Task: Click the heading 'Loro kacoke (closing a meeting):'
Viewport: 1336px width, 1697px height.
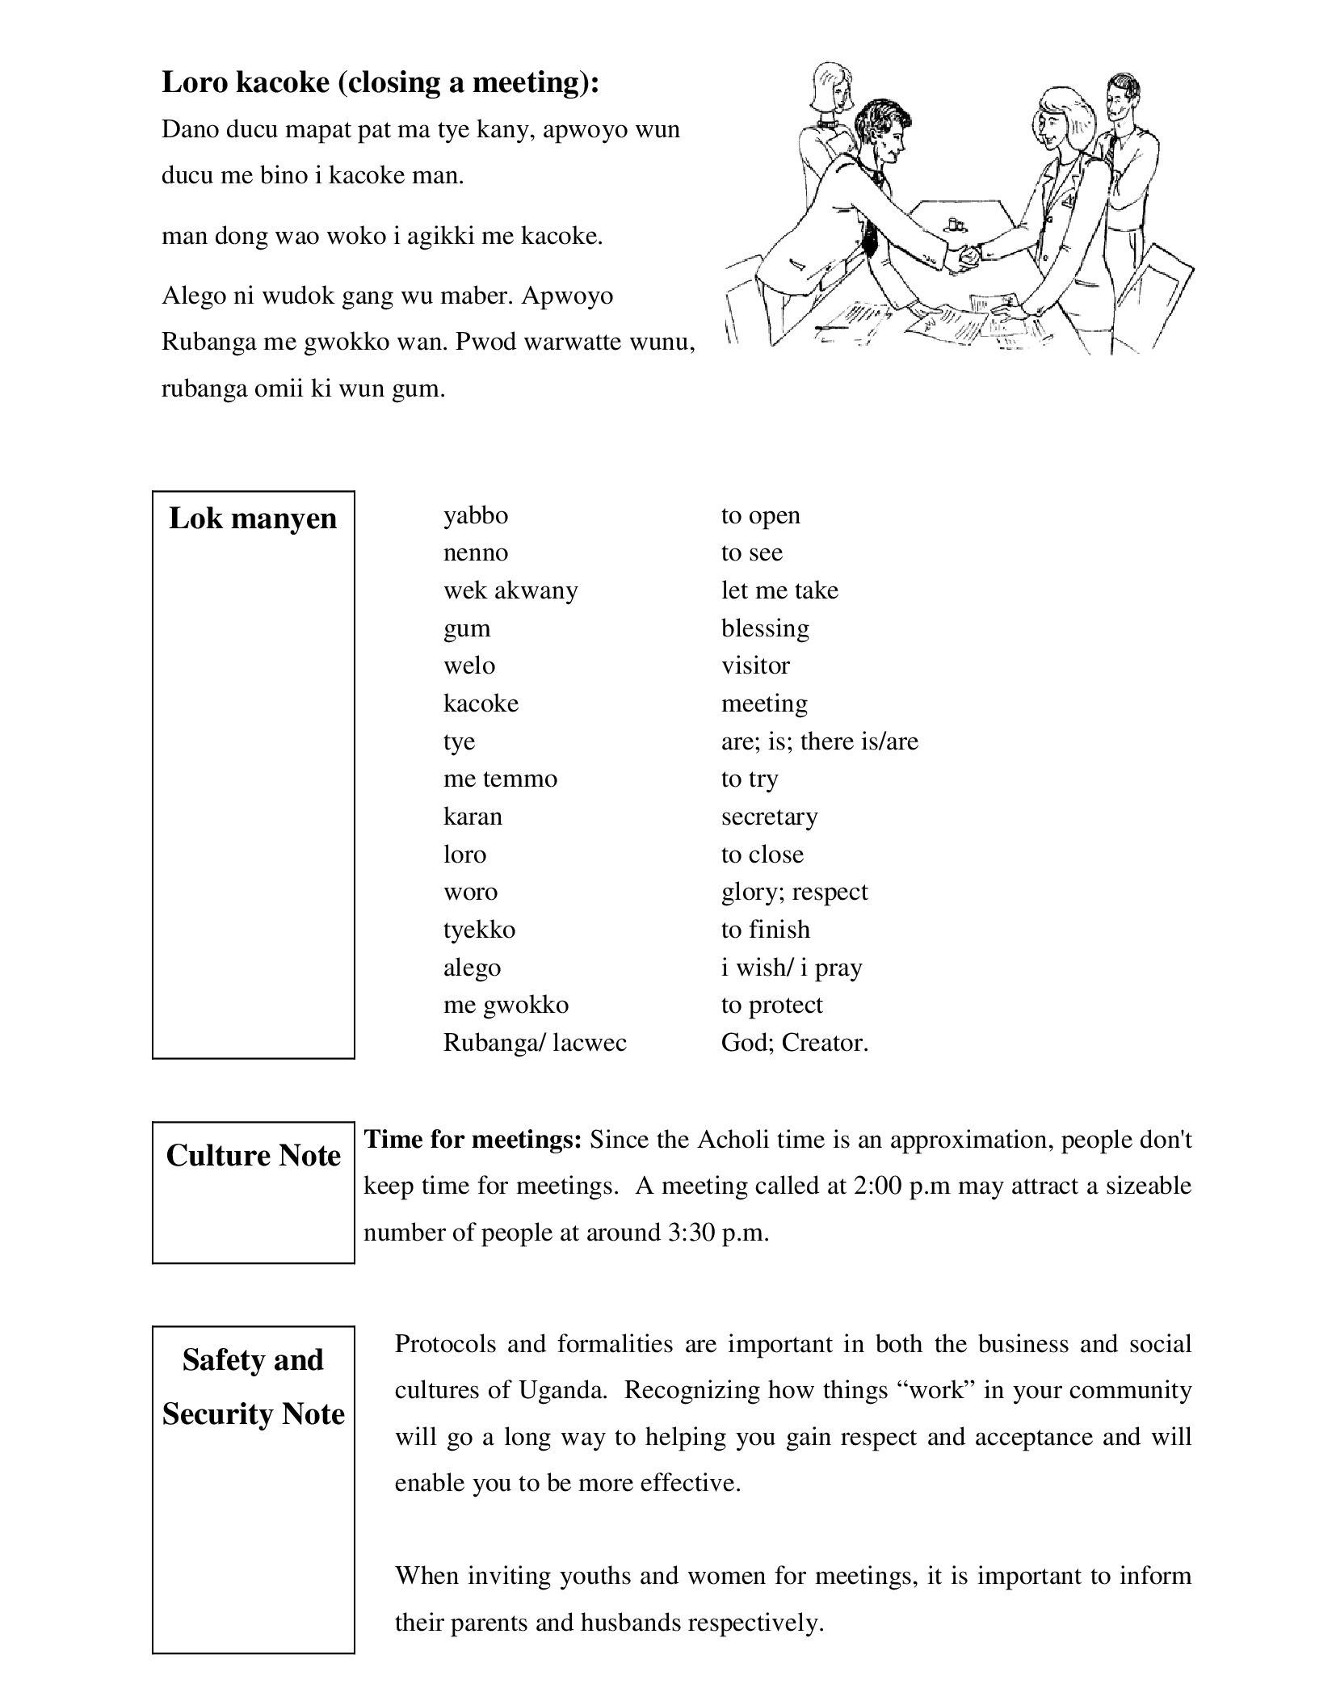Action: (x=380, y=82)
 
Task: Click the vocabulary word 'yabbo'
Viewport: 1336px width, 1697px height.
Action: (x=475, y=515)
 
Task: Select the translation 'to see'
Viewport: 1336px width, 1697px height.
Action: (x=751, y=552)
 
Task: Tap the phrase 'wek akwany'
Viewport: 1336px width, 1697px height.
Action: (x=510, y=590)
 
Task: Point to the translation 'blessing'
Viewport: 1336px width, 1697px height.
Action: (x=764, y=628)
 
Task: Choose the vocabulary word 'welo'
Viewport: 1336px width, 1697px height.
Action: (x=468, y=666)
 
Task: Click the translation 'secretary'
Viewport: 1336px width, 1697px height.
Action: (x=769, y=817)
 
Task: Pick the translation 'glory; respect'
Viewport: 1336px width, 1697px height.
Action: (x=794, y=892)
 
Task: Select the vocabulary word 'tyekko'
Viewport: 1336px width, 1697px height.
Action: (x=479, y=930)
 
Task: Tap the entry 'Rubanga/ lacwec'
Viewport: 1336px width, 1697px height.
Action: (x=535, y=1043)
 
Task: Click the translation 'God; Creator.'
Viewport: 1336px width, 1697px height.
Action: (x=794, y=1043)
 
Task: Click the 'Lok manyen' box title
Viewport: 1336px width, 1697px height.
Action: (x=253, y=519)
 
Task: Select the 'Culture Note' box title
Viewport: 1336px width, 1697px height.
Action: (x=253, y=1156)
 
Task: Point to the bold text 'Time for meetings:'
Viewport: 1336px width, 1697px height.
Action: (x=473, y=1140)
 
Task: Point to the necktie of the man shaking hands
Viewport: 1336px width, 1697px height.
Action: (x=871, y=234)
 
